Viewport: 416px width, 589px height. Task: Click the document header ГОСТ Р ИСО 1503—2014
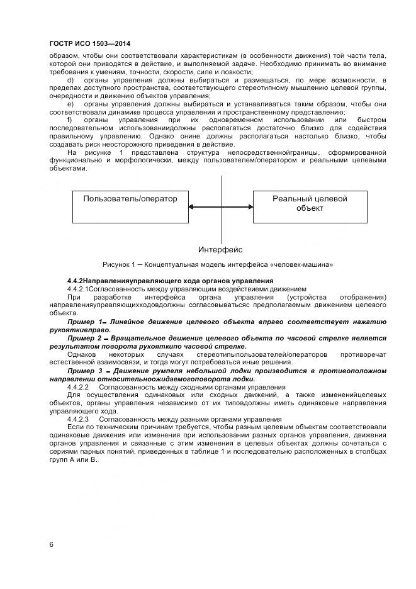[89, 43]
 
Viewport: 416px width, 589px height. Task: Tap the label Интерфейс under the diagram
[220, 250]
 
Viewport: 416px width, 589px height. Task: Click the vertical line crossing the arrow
[222, 189]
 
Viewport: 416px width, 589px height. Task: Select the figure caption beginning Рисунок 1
[218, 264]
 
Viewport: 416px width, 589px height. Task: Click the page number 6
[51, 545]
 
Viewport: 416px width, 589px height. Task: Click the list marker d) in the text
[70, 81]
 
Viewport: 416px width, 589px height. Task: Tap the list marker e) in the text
[70, 103]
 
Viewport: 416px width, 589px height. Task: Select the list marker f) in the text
[69, 120]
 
